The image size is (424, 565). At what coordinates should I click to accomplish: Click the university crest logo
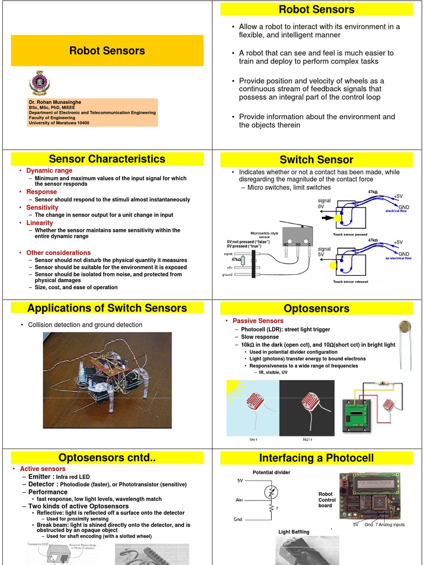(39, 83)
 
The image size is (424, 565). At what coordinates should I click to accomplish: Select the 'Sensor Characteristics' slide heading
(107, 159)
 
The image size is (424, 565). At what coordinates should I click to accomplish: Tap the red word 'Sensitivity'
(43, 207)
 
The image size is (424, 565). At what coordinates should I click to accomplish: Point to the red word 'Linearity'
(40, 223)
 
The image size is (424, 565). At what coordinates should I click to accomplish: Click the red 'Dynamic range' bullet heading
(49, 171)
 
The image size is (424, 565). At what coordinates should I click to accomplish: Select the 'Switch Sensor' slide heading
(316, 160)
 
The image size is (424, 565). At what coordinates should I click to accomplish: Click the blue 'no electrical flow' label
(398, 258)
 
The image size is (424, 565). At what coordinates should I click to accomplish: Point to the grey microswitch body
(298, 235)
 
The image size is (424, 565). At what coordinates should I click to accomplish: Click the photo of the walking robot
(108, 380)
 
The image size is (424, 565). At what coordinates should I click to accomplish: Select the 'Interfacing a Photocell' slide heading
(316, 458)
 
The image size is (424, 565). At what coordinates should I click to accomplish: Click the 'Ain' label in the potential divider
(239, 500)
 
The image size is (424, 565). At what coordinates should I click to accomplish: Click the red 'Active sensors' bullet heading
(43, 469)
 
